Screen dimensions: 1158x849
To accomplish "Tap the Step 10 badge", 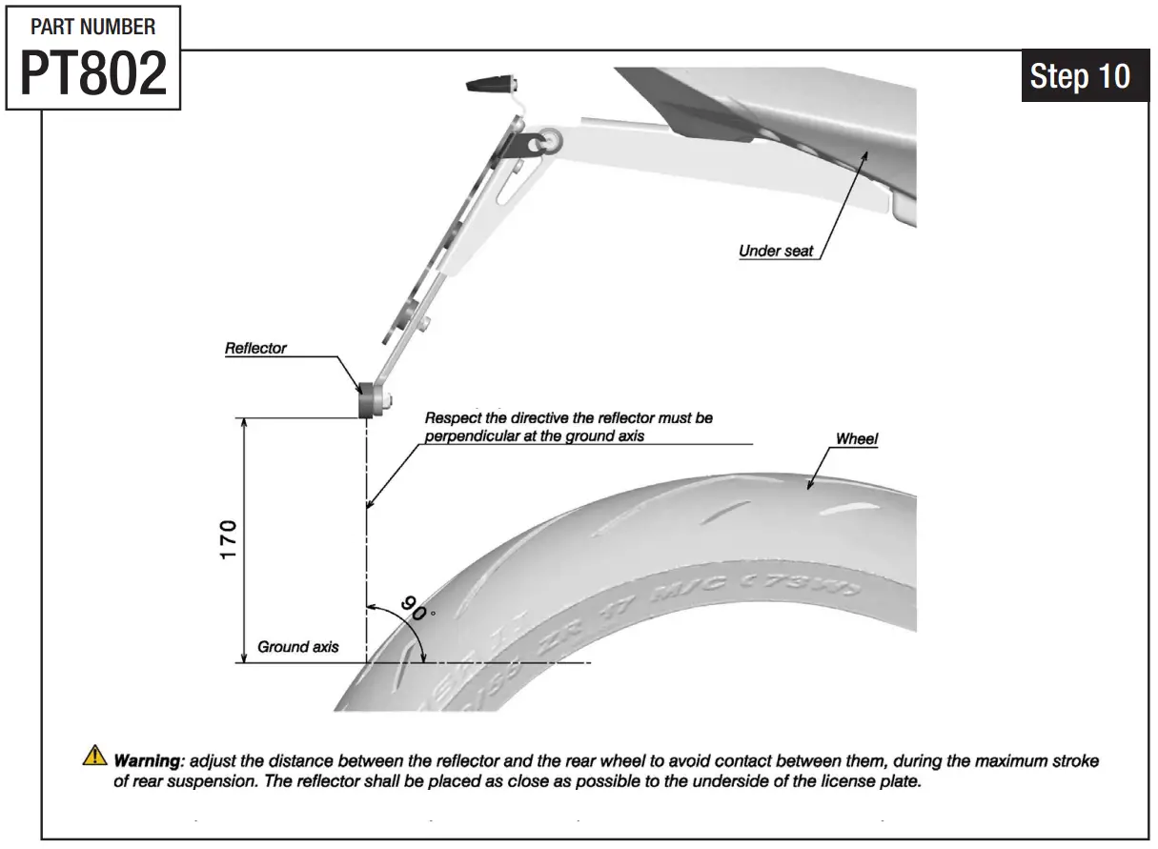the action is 1080,76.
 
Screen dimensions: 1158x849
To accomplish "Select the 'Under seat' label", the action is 776,252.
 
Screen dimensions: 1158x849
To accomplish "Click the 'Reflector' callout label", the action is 255,349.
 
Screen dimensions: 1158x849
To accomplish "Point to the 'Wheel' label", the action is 857,439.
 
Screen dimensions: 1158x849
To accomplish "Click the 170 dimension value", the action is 229,540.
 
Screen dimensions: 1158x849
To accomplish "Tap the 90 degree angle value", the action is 414,608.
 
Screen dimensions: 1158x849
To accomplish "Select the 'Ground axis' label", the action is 297,647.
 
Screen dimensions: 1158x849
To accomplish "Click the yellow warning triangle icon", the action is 95,757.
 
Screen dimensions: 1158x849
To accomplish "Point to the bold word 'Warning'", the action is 148,761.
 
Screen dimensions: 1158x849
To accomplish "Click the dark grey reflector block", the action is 365,401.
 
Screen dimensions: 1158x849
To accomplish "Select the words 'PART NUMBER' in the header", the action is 93,27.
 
